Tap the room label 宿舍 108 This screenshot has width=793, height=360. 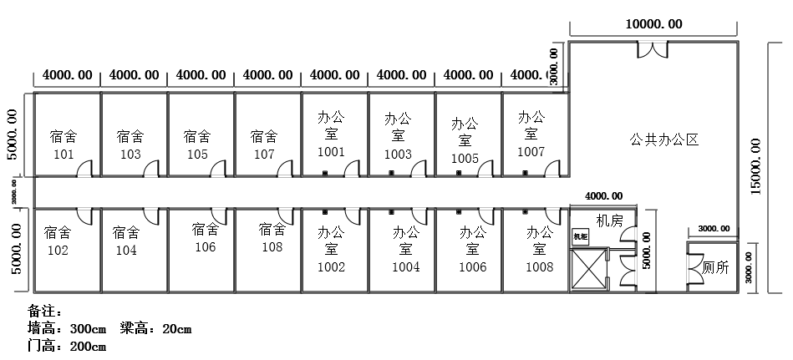coord(272,238)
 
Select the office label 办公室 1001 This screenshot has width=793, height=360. coord(331,134)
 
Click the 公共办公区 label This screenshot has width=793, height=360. coord(663,140)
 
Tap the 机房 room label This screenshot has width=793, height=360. coord(610,221)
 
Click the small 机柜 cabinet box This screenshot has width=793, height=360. coord(581,236)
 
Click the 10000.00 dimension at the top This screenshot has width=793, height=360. coord(653,25)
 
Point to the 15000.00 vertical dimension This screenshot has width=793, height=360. coord(756,166)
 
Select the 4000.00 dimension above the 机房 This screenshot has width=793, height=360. coord(602,196)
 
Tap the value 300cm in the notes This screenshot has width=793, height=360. coord(88,328)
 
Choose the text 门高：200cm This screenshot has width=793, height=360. coord(67,346)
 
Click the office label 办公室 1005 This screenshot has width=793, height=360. coord(465,140)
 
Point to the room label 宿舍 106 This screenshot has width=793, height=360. coord(206,237)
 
